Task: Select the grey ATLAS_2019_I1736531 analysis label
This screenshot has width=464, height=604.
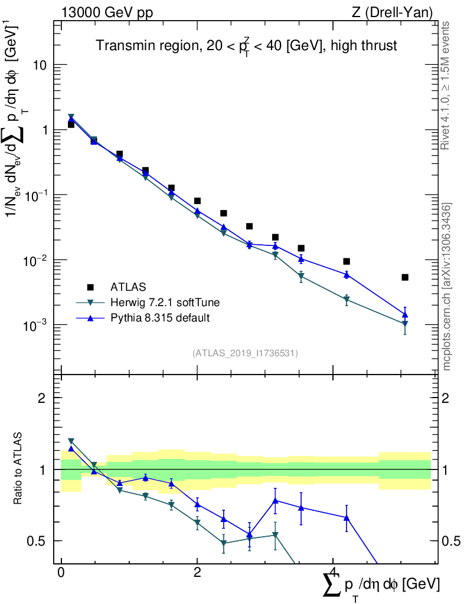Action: (245, 353)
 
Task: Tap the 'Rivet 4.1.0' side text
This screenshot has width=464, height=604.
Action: (447, 86)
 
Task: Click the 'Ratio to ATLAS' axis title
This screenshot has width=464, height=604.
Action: (19, 469)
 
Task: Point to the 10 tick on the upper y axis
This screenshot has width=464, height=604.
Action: (41, 65)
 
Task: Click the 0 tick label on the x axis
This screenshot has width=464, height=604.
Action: (61, 573)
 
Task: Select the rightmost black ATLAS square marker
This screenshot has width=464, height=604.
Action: (405, 277)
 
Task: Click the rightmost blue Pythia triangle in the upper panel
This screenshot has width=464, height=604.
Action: (405, 315)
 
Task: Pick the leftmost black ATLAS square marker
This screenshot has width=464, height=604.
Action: (71, 124)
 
